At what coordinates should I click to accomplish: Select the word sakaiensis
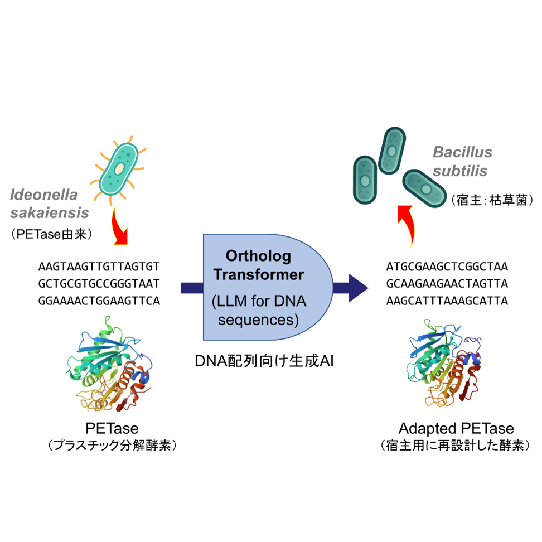(50, 213)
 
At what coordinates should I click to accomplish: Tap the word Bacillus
(463, 153)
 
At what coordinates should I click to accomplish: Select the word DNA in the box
(289, 302)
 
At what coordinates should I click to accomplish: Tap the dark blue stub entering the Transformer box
(191, 288)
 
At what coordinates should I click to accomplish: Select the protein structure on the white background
(109, 360)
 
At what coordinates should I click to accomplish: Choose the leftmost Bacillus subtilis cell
(365, 179)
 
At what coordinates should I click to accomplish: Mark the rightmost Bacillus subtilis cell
(425, 188)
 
